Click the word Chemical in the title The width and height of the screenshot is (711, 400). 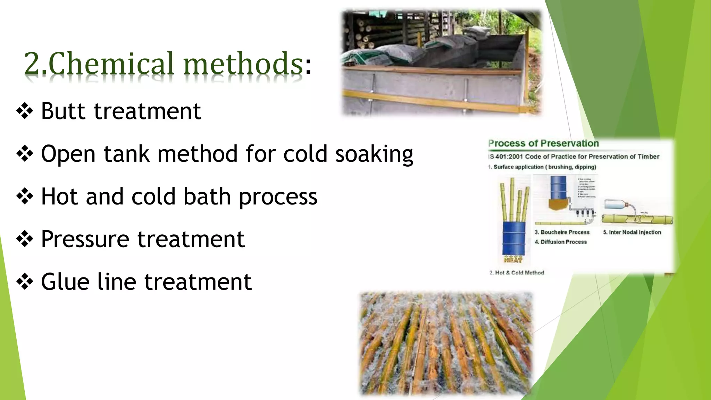tap(110, 64)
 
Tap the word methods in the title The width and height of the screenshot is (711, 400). tap(243, 64)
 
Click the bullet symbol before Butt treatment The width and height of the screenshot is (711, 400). tap(25, 111)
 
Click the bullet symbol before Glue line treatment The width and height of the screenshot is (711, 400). tap(25, 282)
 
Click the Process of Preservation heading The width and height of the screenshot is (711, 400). tap(543, 143)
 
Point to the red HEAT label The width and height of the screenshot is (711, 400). tap(513, 260)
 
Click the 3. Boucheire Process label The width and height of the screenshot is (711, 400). tap(562, 232)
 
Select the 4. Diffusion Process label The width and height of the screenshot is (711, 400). tap(561, 242)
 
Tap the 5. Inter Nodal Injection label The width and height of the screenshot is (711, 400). tap(632, 232)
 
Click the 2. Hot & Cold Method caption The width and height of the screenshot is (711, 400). tap(517, 273)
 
